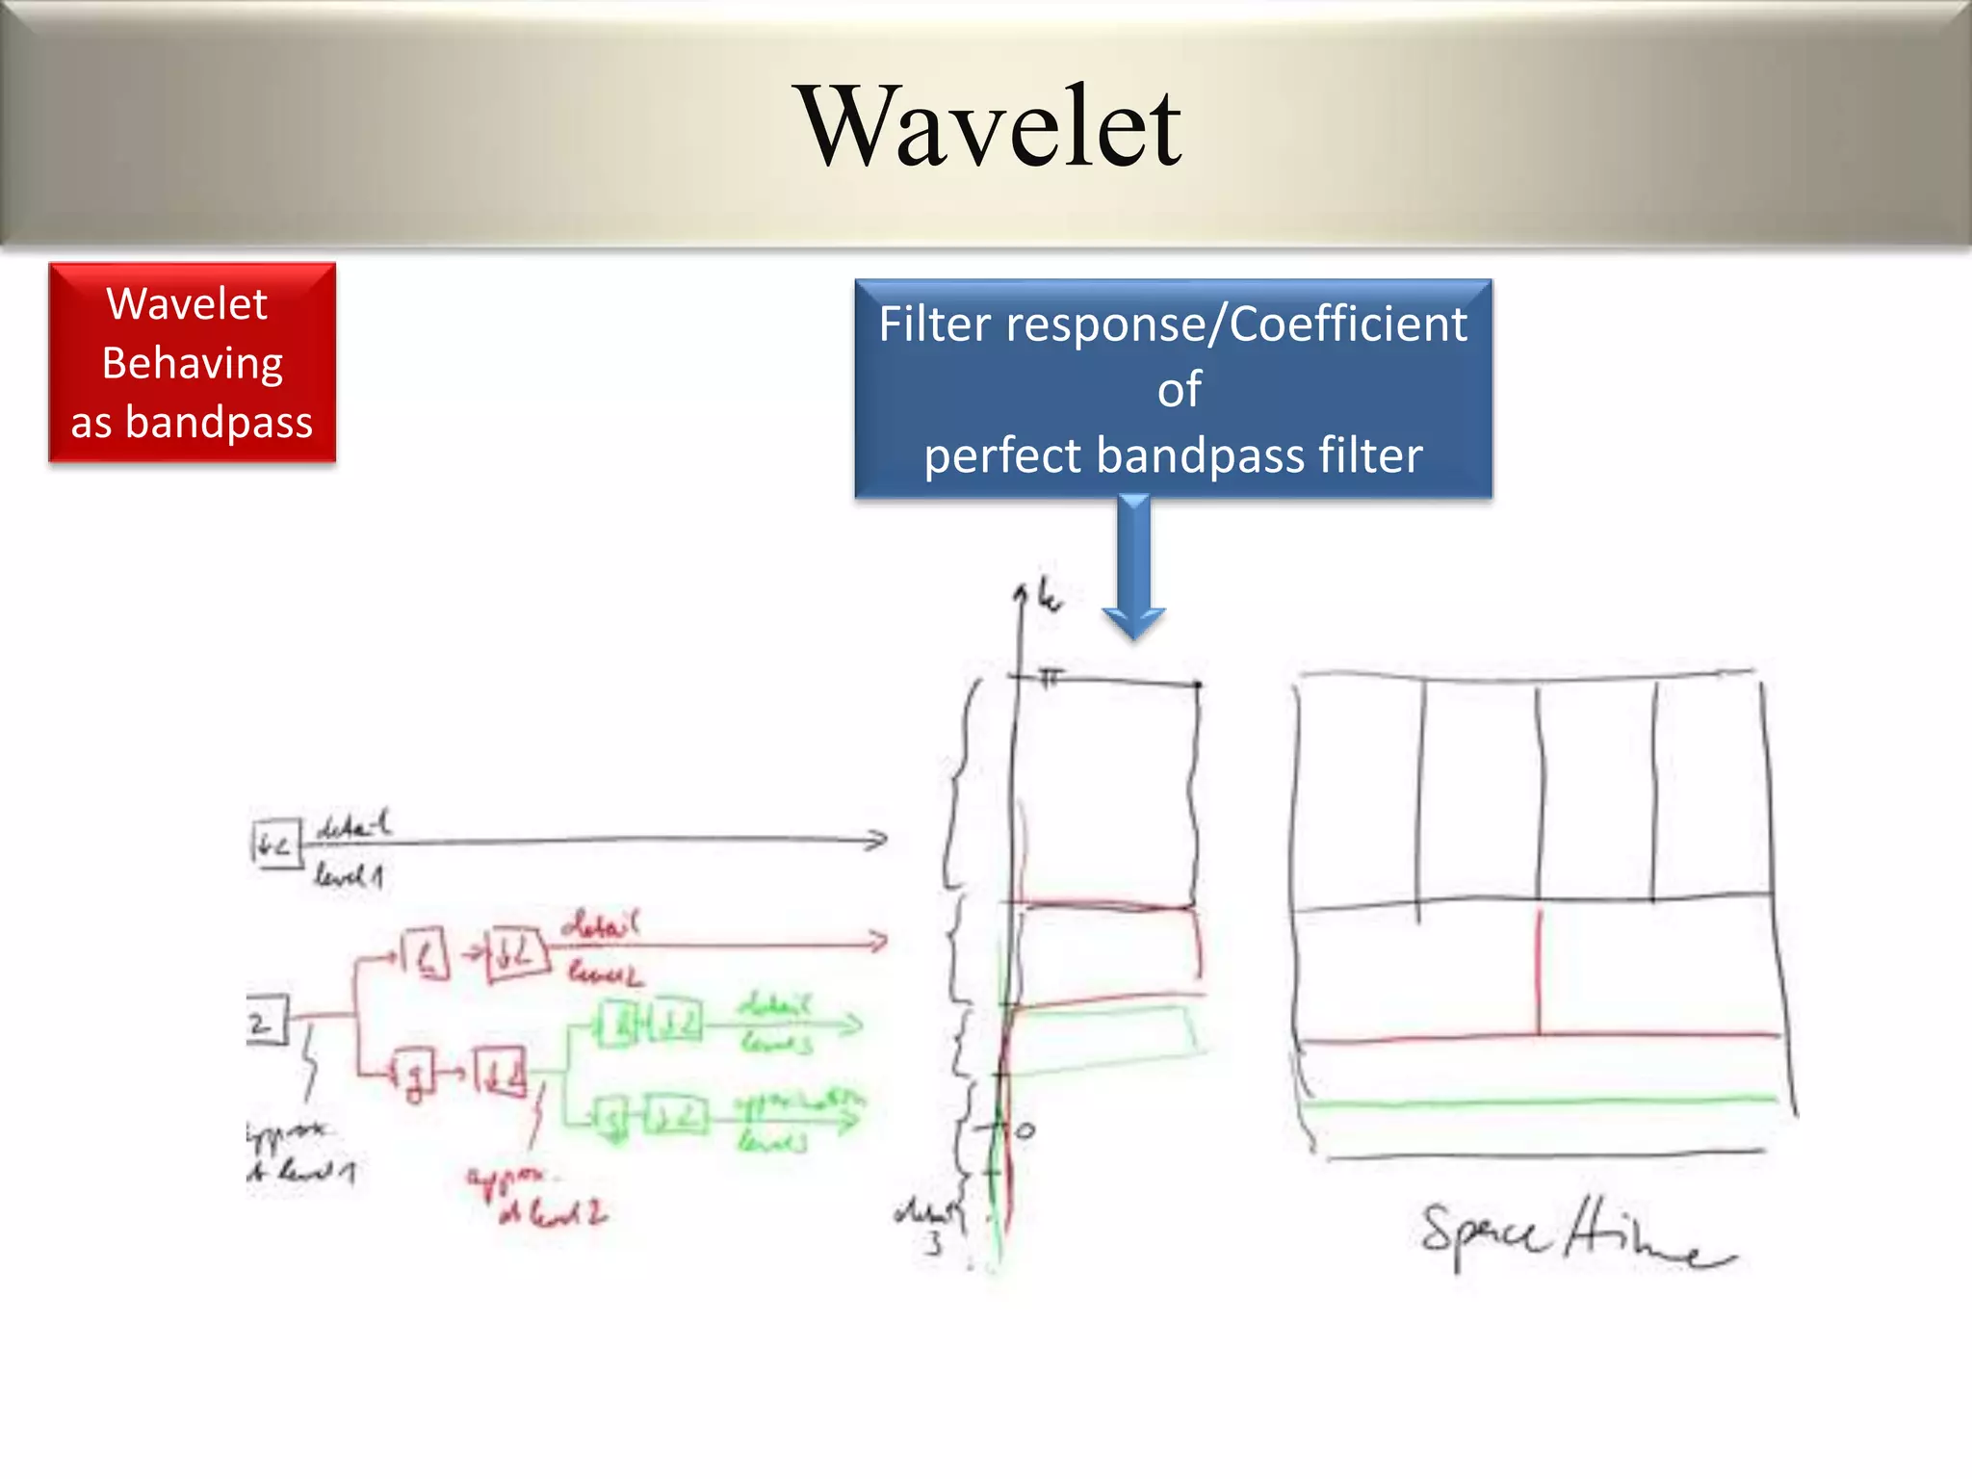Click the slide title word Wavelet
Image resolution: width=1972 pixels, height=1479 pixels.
(x=991, y=126)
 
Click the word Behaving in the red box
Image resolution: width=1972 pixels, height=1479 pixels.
(x=192, y=364)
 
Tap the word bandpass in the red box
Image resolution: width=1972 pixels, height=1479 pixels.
(x=219, y=422)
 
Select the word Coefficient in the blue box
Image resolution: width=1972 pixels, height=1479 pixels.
(x=1347, y=324)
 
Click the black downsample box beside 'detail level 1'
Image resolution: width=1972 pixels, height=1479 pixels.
(x=276, y=844)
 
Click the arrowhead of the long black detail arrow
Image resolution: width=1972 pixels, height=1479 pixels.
(x=876, y=840)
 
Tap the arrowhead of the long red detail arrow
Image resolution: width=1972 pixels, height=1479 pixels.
(x=876, y=941)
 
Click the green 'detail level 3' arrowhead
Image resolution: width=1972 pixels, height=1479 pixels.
(x=851, y=1025)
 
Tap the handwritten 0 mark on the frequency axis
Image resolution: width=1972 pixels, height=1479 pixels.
(x=1025, y=1130)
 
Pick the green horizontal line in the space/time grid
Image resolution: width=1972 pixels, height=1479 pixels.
(x=1541, y=1101)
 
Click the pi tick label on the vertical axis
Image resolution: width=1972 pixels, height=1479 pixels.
(x=1051, y=677)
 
